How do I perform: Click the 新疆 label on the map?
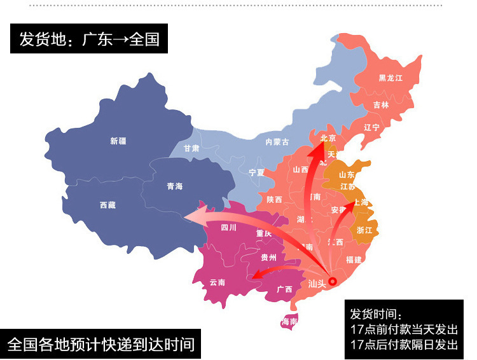point(118,141)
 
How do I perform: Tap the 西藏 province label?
point(107,205)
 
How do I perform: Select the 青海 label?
point(174,186)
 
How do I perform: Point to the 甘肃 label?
point(191,148)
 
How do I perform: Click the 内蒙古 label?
point(277,142)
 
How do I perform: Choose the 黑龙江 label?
point(391,78)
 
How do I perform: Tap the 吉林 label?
point(381,105)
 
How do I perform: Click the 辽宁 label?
point(371,127)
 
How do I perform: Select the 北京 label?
point(328,138)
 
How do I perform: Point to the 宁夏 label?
point(256,172)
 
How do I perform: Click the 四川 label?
point(228,227)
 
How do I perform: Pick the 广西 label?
point(284,289)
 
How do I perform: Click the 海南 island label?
point(289,322)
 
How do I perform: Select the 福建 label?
point(354,260)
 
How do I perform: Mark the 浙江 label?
point(365,230)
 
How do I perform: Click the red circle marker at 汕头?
point(332,280)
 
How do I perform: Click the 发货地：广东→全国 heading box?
point(89,39)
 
